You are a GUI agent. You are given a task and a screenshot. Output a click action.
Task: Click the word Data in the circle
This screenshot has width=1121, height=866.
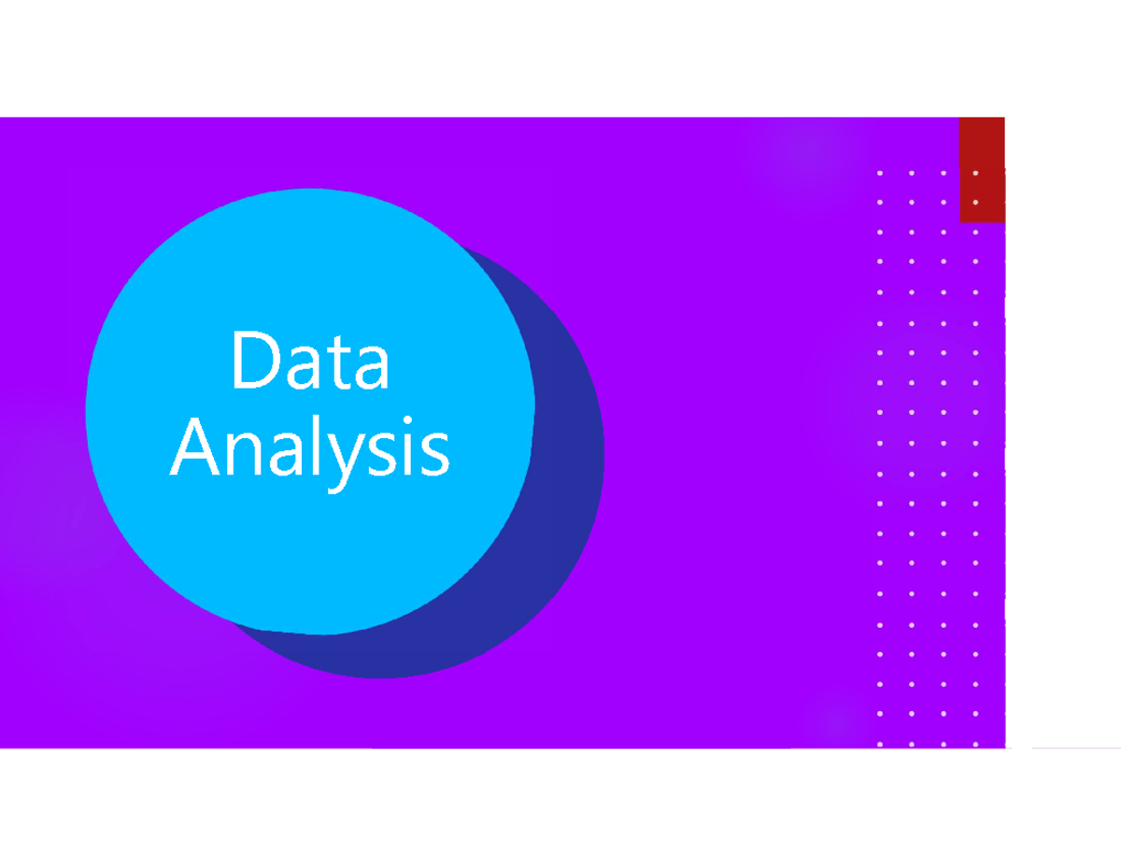tap(309, 361)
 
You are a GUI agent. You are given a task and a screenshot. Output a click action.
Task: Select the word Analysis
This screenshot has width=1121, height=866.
tap(309, 447)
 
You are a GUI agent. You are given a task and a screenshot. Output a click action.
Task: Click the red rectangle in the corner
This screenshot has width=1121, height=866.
tap(982, 169)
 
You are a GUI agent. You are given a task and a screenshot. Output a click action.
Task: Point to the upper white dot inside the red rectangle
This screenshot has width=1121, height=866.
tap(975, 173)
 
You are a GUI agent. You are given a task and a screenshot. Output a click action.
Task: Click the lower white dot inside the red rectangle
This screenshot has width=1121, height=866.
tap(975, 202)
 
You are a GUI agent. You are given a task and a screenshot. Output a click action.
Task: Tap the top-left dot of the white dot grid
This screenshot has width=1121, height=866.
tap(880, 173)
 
